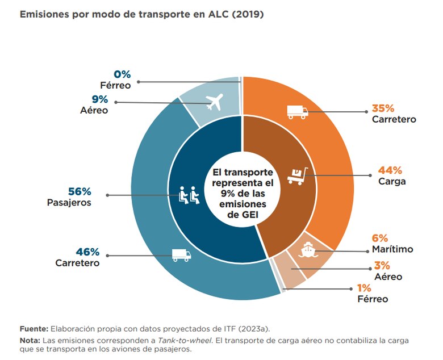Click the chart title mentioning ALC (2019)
(x=141, y=14)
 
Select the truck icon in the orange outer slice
(x=297, y=112)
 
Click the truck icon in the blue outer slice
(x=181, y=255)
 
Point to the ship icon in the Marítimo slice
(x=306, y=248)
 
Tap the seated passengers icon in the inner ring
(x=190, y=195)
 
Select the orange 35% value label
(x=383, y=108)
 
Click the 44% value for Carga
(x=390, y=170)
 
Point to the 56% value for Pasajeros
(x=78, y=191)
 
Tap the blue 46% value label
(x=87, y=252)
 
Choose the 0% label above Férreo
(x=122, y=74)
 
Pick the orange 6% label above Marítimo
(x=380, y=238)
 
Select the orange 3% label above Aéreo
(x=381, y=265)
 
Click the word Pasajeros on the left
(x=69, y=202)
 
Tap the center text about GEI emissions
(x=243, y=192)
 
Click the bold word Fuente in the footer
(x=34, y=329)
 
